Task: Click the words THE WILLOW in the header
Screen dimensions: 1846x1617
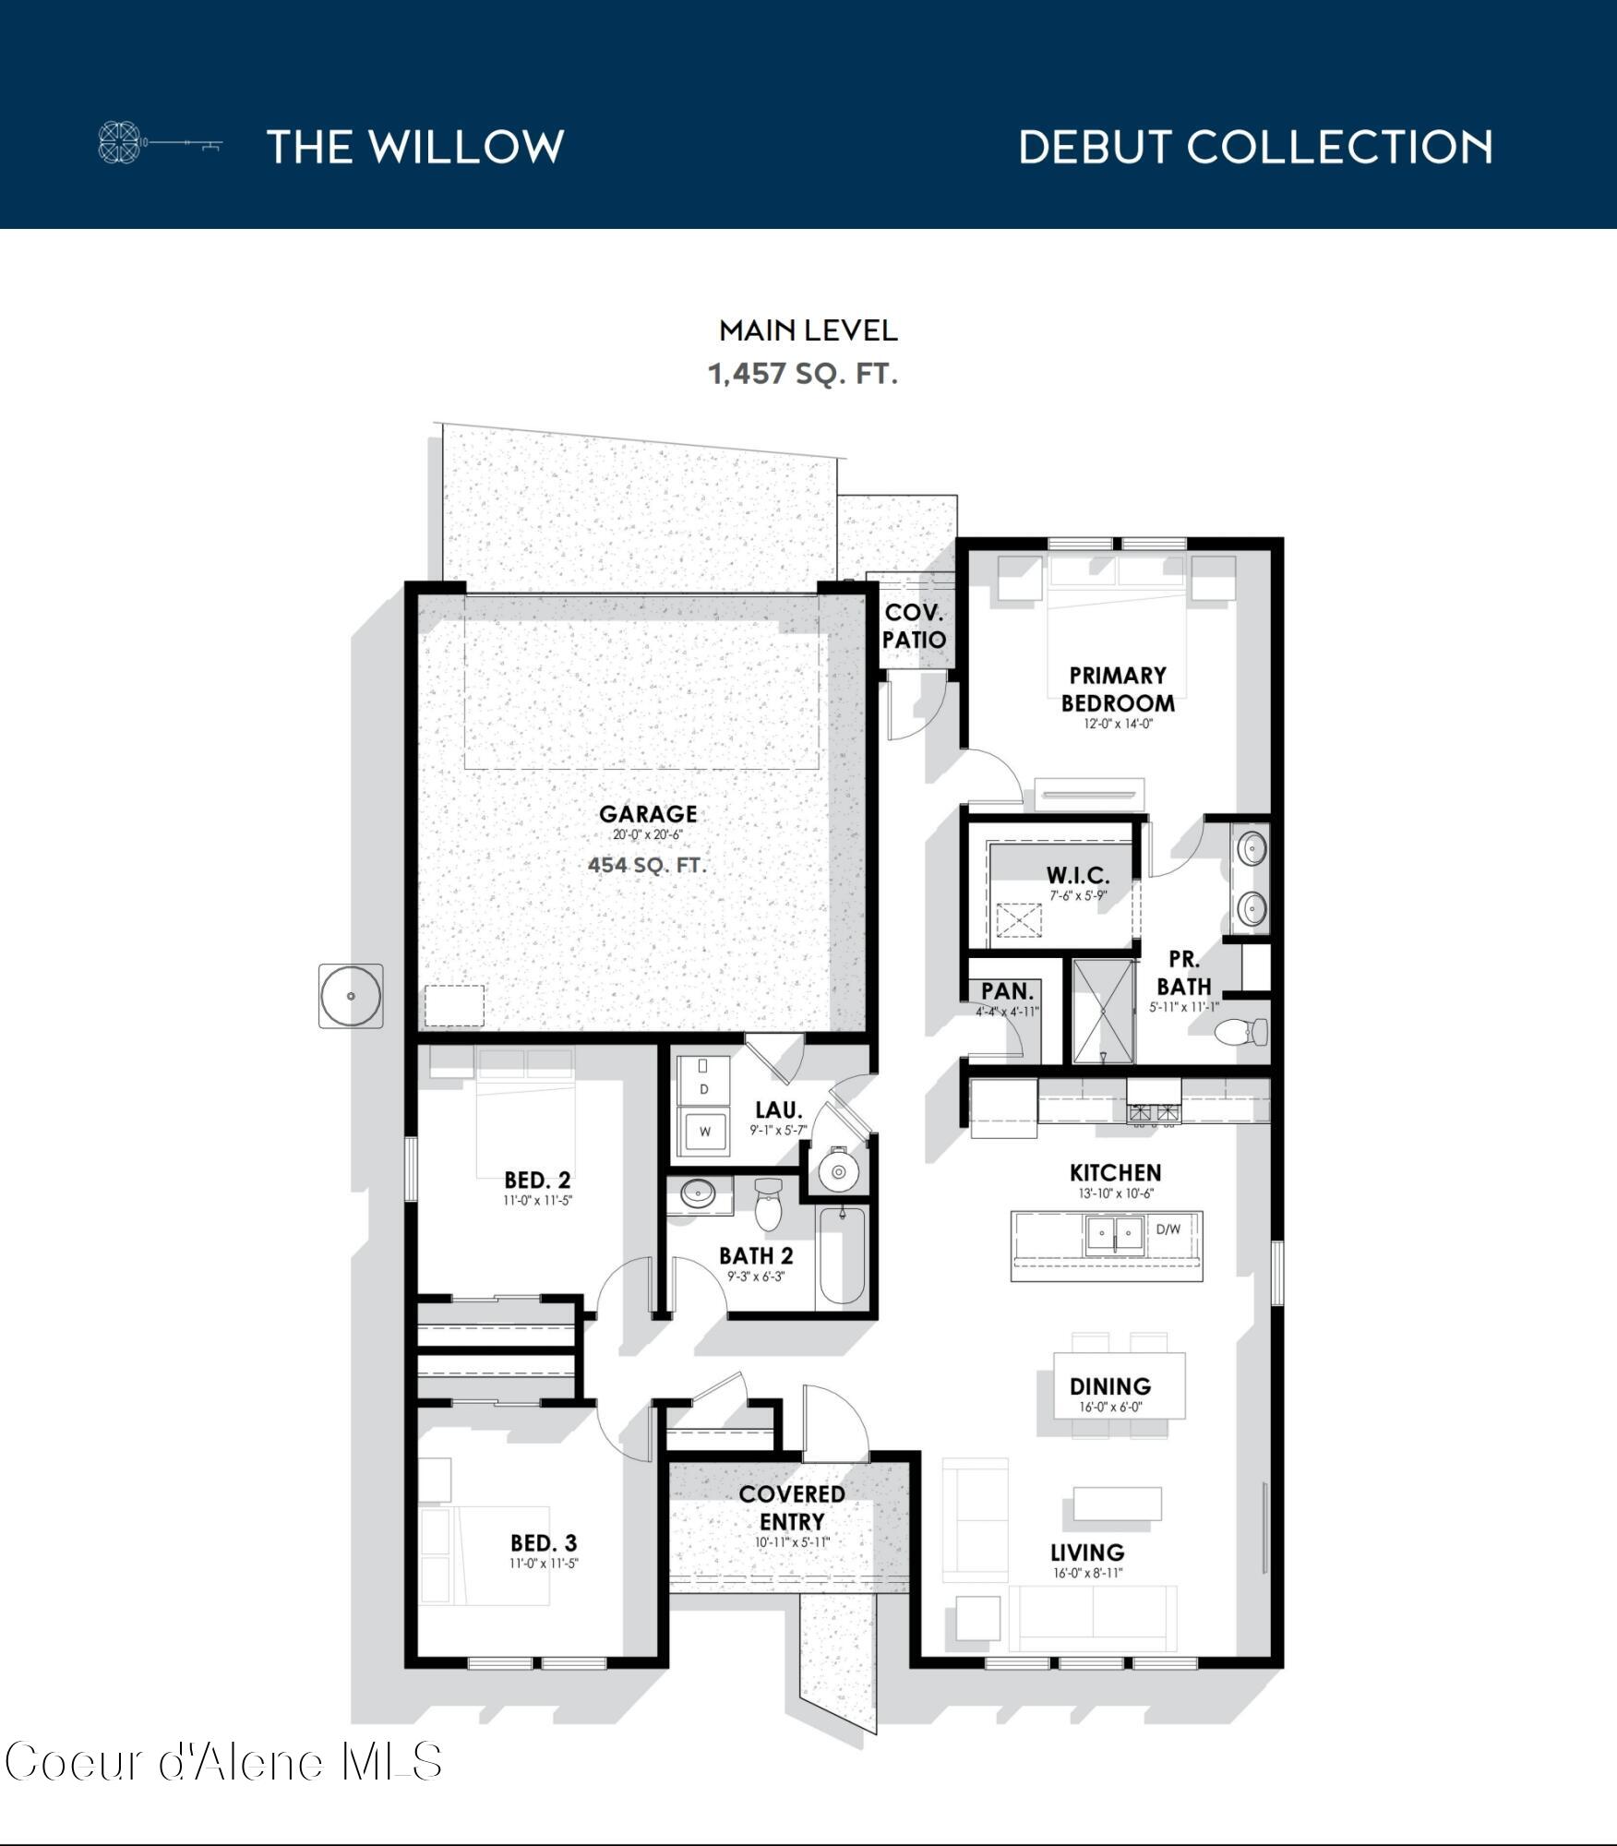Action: [x=415, y=147]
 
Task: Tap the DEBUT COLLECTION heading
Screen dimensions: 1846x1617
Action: [x=1255, y=148]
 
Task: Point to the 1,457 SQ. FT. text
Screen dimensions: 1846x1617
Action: [x=802, y=374]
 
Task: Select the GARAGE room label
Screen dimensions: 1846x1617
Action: [x=648, y=814]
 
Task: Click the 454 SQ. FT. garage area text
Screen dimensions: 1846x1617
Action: [x=647, y=865]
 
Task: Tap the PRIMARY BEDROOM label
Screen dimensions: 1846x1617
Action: [x=1118, y=689]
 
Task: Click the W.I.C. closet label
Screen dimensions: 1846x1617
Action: [x=1078, y=875]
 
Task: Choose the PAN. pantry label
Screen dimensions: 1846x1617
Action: [x=1007, y=991]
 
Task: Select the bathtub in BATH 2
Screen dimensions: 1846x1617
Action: [x=842, y=1256]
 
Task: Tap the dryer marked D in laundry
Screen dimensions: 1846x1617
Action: [x=704, y=1088]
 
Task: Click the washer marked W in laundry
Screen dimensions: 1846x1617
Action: [x=704, y=1132]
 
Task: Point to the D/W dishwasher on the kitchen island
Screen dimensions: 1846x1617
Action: [x=1168, y=1229]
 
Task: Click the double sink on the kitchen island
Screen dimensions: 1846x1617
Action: [x=1115, y=1233]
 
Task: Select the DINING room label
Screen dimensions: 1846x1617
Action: [x=1110, y=1386]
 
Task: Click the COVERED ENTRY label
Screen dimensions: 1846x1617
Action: [x=792, y=1507]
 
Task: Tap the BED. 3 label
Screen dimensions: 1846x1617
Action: [x=544, y=1543]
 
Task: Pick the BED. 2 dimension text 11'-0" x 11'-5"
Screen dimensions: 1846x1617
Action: [x=538, y=1201]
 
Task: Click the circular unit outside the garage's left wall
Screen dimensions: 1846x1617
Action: [x=351, y=996]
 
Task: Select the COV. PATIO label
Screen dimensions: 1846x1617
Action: [x=914, y=626]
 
